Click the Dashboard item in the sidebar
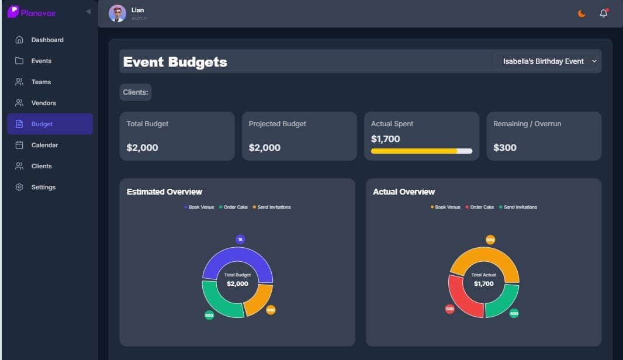tap(47, 40)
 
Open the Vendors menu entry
tap(43, 103)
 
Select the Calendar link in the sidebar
tap(44, 145)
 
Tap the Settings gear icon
tap(19, 187)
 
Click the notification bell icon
tap(604, 13)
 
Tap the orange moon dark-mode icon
tap(582, 13)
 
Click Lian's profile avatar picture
tap(117, 13)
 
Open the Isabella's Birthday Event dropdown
tap(546, 61)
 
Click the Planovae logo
tap(32, 12)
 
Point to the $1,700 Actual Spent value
tap(386, 139)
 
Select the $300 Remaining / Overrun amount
tap(505, 147)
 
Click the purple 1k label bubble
tap(240, 239)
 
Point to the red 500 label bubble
tap(449, 309)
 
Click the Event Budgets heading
tap(175, 61)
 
